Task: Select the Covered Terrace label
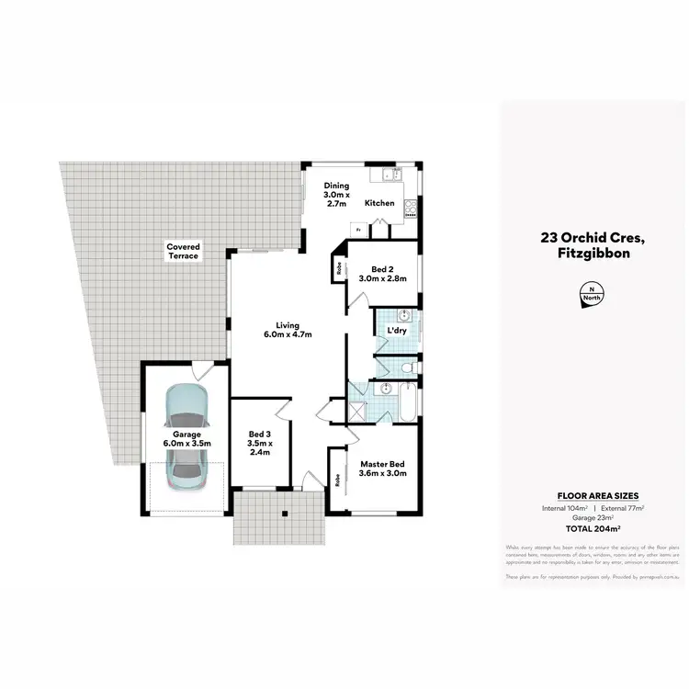[x=183, y=251]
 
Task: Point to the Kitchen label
[x=379, y=203]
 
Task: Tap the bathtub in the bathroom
[x=403, y=403]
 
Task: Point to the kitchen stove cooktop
[x=410, y=209]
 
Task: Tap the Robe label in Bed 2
[x=339, y=269]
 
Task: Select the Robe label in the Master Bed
[x=338, y=478]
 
